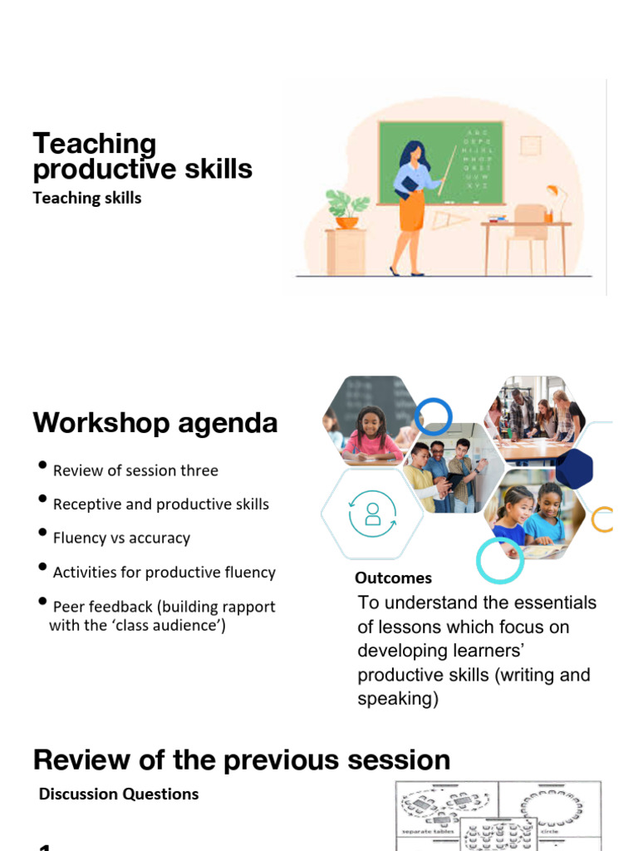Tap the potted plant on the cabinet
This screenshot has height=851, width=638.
click(x=347, y=208)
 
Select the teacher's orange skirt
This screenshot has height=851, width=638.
click(x=411, y=212)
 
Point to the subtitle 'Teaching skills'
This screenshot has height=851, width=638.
click(x=87, y=198)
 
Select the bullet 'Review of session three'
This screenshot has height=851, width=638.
click(x=135, y=470)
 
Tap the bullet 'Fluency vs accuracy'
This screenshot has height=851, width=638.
click(x=121, y=538)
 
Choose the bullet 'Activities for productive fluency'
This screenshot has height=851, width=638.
click(x=164, y=572)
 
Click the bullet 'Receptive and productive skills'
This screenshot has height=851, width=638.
click(x=160, y=504)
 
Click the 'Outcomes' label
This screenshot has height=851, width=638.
click(x=393, y=578)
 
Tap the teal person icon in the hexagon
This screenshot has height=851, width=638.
click(x=371, y=514)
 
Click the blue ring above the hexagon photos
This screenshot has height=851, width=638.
click(x=432, y=416)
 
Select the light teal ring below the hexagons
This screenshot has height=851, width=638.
click(x=500, y=561)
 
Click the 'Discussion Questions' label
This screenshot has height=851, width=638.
click(x=119, y=794)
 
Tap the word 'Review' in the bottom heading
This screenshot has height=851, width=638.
click(x=86, y=760)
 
